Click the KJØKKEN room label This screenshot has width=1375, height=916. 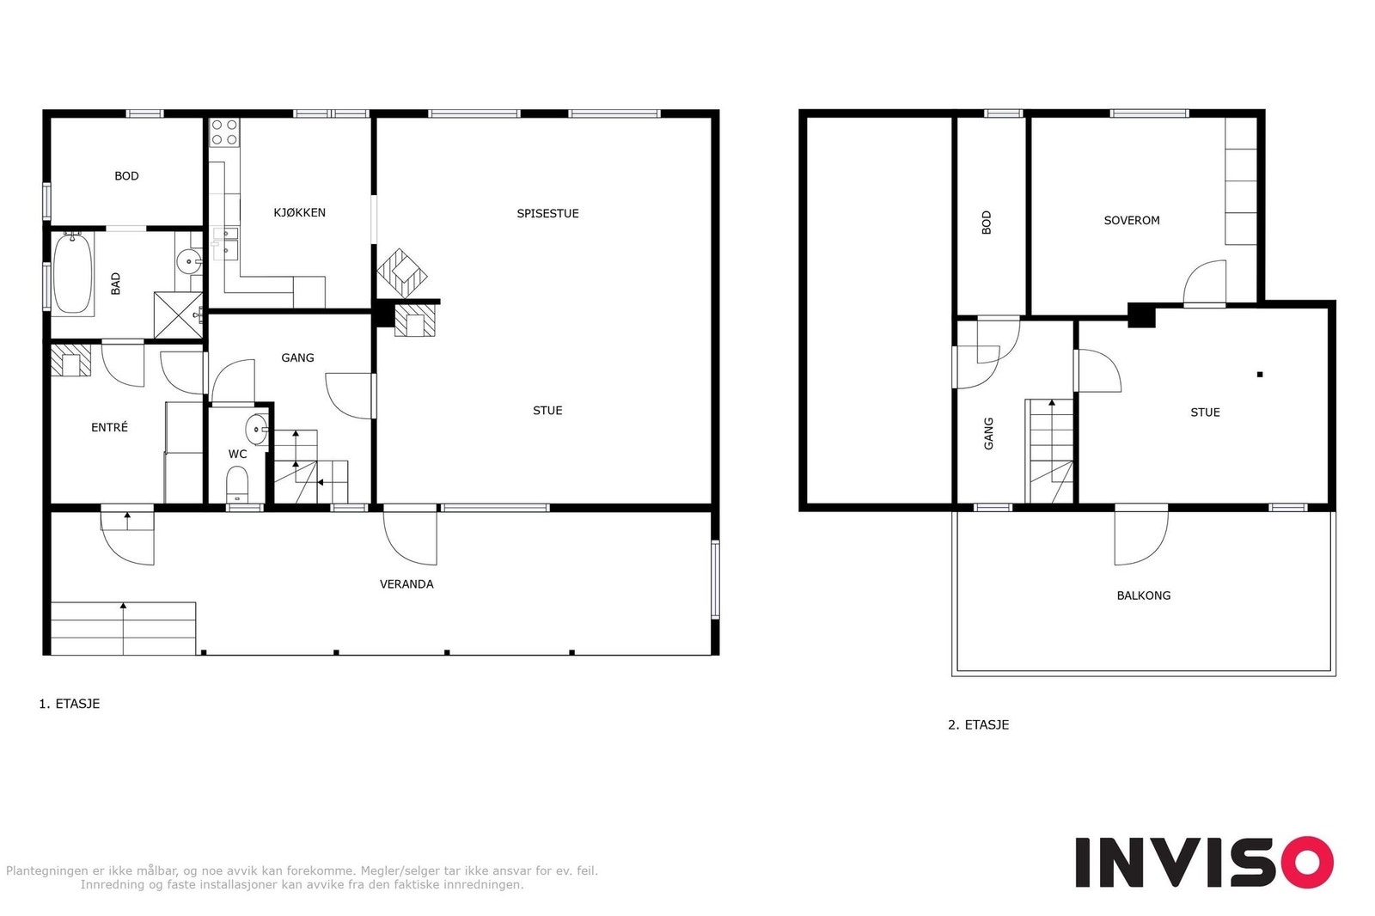pyautogui.click(x=299, y=212)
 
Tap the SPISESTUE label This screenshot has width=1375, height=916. pyautogui.click(x=547, y=213)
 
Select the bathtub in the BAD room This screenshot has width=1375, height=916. pyautogui.click(x=73, y=274)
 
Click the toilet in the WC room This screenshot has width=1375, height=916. pyautogui.click(x=237, y=484)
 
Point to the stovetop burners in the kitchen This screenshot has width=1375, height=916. pyautogui.click(x=224, y=131)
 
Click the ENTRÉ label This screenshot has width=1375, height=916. pyautogui.click(x=109, y=427)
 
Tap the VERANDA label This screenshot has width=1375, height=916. pyautogui.click(x=406, y=584)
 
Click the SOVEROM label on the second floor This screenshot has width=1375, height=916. pyautogui.click(x=1131, y=221)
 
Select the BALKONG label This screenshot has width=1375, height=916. pyautogui.click(x=1143, y=595)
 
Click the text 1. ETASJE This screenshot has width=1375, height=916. pyautogui.click(x=69, y=704)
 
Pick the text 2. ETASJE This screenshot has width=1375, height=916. pyautogui.click(x=978, y=725)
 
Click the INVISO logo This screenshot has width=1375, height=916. pyautogui.click(x=1203, y=862)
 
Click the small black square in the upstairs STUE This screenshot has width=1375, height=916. pyautogui.click(x=1260, y=375)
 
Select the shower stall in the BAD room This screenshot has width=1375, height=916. pyautogui.click(x=178, y=315)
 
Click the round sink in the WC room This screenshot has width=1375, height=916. pyautogui.click(x=257, y=429)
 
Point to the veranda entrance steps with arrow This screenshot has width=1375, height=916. pyautogui.click(x=123, y=628)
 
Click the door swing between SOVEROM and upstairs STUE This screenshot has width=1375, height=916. pyautogui.click(x=1206, y=282)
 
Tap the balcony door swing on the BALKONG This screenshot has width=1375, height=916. pyautogui.click(x=1140, y=536)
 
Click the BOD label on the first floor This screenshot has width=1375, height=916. pyautogui.click(x=126, y=176)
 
